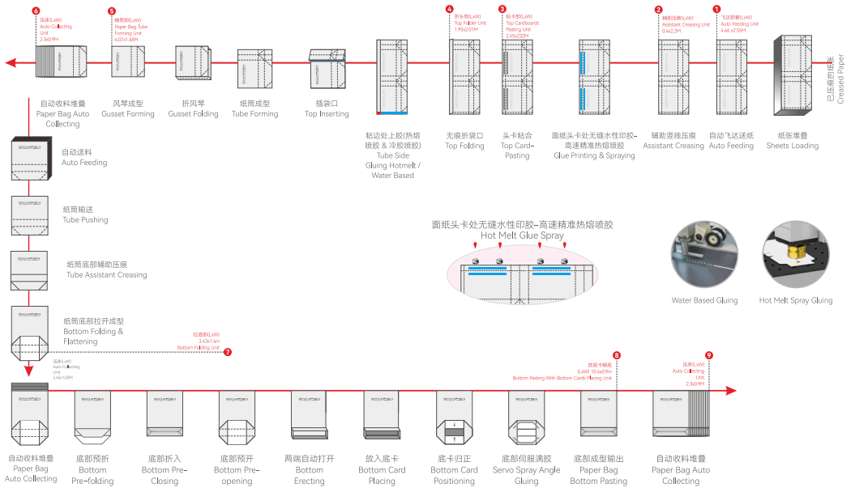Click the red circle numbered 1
716,10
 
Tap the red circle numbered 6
36,11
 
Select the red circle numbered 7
228,352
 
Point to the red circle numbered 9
709,355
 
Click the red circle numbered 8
617,355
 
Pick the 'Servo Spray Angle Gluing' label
526,475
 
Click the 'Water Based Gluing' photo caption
704,300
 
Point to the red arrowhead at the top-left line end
8,61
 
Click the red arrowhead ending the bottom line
733,391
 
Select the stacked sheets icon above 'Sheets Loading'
792,76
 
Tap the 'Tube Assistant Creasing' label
106,270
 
